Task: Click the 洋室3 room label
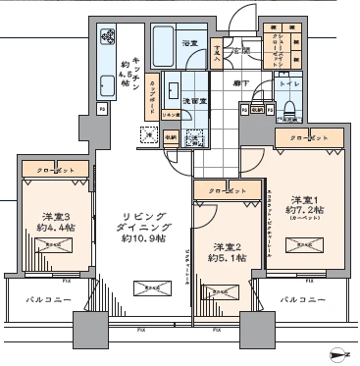click(50, 217)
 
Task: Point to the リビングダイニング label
click(136, 223)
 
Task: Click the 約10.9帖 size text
click(136, 238)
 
